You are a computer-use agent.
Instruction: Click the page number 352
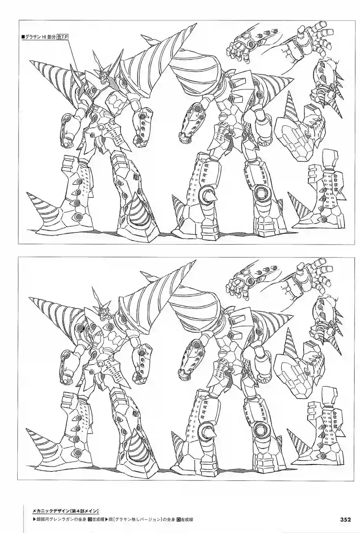345,519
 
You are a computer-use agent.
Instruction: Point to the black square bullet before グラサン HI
23,37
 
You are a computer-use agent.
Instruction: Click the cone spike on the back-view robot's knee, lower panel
206,430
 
